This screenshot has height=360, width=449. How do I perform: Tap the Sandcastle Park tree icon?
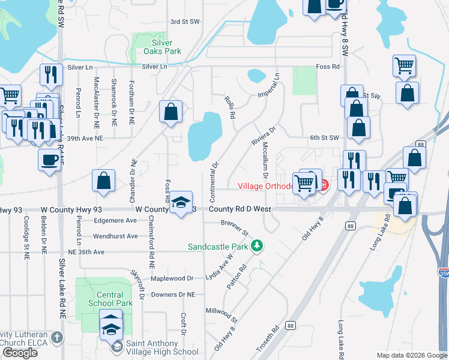[257, 246]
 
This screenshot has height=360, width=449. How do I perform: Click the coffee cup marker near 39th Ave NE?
[49, 160]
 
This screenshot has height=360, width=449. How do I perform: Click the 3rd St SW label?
[184, 22]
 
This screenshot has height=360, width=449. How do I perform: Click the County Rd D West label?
[240, 209]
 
